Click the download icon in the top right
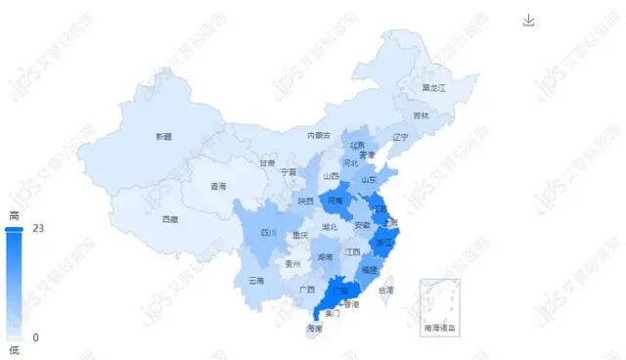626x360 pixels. (x=529, y=21)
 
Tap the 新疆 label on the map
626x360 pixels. (x=162, y=136)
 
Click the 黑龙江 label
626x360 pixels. (x=433, y=88)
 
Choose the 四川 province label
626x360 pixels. (x=268, y=233)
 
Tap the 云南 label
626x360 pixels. (x=256, y=281)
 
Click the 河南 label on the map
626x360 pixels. (x=335, y=201)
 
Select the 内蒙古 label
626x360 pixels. (x=319, y=135)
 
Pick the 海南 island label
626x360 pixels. (x=314, y=328)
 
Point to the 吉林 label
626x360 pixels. (x=421, y=115)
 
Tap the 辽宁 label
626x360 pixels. (x=399, y=137)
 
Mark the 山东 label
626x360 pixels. (x=369, y=179)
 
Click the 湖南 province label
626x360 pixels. (x=326, y=257)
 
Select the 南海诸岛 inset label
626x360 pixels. (x=439, y=327)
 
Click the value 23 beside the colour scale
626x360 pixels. (x=39, y=228)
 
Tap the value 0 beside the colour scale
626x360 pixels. (x=36, y=337)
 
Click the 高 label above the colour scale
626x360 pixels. (x=14, y=215)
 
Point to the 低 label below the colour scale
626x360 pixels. (x=14, y=350)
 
